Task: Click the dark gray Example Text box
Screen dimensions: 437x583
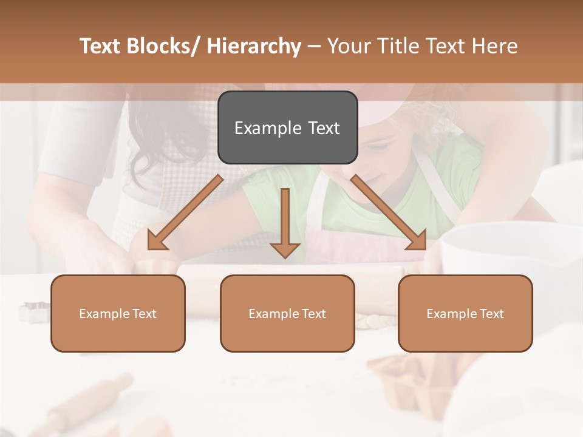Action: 287,127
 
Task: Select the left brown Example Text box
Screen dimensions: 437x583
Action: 118,313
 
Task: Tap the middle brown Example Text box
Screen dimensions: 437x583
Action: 287,313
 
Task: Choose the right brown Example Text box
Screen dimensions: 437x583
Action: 465,313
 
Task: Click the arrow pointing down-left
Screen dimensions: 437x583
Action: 185,212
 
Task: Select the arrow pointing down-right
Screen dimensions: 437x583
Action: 389,212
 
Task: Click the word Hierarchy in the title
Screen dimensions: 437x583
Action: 254,46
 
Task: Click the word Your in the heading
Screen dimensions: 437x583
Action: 350,46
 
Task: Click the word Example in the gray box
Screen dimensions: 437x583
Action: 267,128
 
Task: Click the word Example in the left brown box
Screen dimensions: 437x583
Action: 103,314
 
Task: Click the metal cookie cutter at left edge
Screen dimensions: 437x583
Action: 30,311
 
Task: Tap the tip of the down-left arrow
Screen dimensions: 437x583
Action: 150,248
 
